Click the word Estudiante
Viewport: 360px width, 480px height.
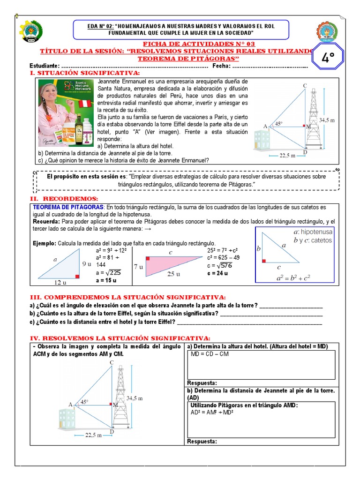45,66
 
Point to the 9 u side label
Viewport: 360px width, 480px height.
87,264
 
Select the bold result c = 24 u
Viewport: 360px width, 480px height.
217,273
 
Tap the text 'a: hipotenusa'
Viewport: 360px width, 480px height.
313,232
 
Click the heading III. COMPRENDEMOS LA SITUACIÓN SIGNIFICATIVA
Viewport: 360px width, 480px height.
127,297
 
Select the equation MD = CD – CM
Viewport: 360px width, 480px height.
210,354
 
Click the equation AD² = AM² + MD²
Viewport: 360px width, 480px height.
212,412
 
